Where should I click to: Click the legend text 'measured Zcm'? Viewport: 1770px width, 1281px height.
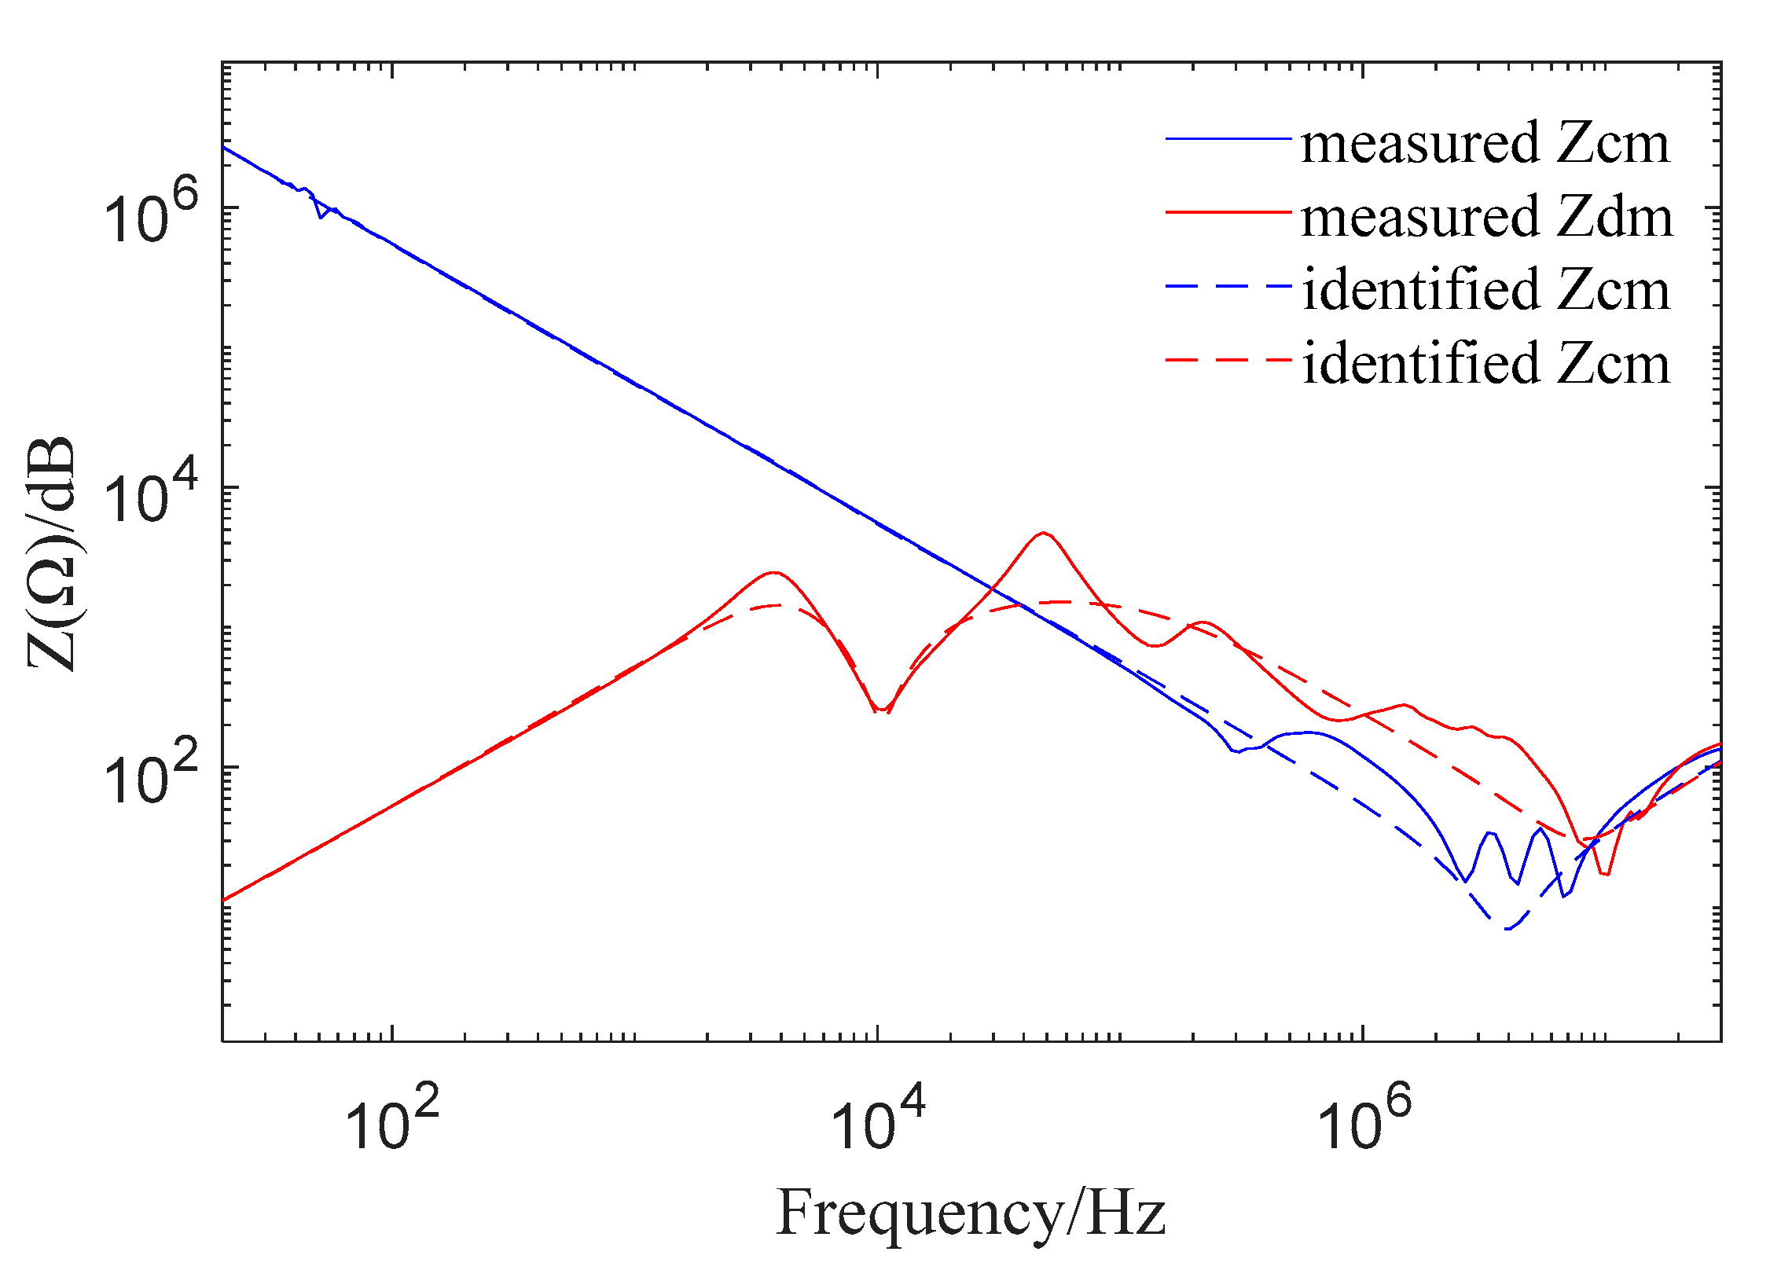point(1485,144)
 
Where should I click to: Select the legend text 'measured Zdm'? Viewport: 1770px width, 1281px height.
point(1486,217)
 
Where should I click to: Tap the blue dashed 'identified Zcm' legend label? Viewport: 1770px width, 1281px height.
point(1485,290)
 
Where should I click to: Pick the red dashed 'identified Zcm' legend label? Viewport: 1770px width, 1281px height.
point(1485,363)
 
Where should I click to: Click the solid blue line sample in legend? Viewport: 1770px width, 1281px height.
point(1228,139)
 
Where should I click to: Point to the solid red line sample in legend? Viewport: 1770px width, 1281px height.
point(1228,212)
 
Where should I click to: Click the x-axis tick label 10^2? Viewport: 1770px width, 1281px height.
point(391,1120)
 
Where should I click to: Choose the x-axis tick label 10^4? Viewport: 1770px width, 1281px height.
point(877,1120)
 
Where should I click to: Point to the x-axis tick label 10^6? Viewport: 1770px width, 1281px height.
point(1363,1120)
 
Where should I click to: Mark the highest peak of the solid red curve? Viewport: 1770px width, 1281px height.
point(1043,533)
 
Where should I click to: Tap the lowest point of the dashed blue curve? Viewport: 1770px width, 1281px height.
point(1507,929)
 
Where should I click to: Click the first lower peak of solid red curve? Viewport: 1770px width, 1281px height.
point(775,572)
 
